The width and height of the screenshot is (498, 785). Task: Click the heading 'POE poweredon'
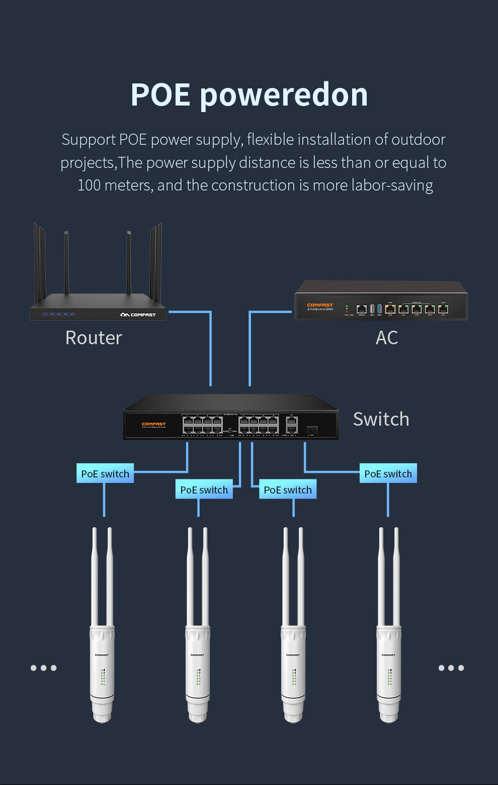(x=249, y=94)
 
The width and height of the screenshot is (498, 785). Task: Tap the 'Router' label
(x=94, y=338)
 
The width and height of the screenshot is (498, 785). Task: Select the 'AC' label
(x=386, y=338)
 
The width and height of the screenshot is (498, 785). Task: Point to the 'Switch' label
(x=381, y=419)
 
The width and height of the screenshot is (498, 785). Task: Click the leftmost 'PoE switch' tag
(x=105, y=473)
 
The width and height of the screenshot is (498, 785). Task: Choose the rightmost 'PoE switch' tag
(x=388, y=473)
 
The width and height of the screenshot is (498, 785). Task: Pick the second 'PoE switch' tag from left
(x=204, y=489)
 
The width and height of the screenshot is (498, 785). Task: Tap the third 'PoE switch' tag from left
(x=288, y=489)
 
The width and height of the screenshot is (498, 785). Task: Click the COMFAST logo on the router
(x=138, y=315)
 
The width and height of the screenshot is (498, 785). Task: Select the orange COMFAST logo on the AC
(x=320, y=305)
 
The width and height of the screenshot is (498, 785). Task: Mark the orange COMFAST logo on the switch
(x=153, y=424)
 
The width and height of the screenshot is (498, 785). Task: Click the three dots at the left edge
(x=43, y=668)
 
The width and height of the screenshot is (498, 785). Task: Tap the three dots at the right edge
(x=451, y=668)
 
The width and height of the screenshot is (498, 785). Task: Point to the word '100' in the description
(x=89, y=185)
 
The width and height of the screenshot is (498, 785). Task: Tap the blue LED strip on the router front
(x=59, y=314)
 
